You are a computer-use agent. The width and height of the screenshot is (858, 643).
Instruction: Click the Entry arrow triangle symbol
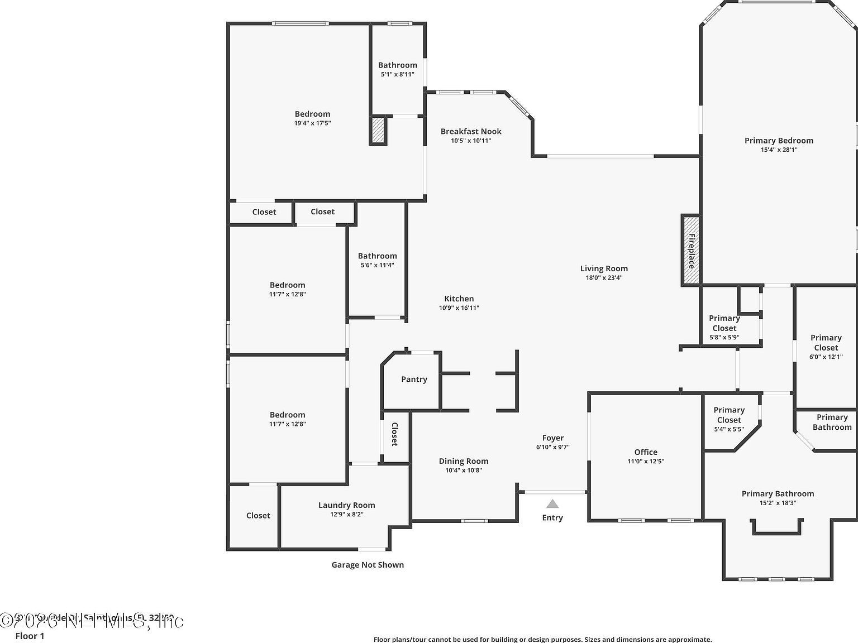(x=552, y=504)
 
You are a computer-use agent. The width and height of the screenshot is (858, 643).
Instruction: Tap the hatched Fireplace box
(x=691, y=251)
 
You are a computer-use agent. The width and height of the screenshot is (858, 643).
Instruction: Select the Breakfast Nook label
(x=471, y=131)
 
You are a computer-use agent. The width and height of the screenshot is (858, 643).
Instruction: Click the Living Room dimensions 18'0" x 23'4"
(x=604, y=277)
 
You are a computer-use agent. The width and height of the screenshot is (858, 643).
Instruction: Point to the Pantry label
(x=414, y=379)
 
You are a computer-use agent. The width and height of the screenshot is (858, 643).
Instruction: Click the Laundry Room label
(x=346, y=505)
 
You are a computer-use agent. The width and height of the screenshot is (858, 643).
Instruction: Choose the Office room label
(x=646, y=452)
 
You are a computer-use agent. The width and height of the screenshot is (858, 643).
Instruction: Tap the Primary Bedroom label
(x=779, y=141)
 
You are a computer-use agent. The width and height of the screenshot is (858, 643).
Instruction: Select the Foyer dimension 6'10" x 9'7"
(x=552, y=447)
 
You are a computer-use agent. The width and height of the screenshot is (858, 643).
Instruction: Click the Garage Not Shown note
(x=368, y=565)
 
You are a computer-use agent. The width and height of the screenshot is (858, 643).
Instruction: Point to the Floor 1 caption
(x=30, y=636)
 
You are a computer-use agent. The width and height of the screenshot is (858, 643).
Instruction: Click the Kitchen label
(x=459, y=299)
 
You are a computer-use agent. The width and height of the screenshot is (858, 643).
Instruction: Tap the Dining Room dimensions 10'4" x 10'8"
(x=463, y=470)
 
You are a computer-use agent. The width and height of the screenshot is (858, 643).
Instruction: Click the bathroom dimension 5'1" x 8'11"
(x=397, y=74)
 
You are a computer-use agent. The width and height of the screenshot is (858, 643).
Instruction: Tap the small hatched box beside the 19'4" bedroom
(x=378, y=130)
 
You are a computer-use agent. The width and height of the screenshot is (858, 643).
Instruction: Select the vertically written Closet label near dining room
(x=394, y=434)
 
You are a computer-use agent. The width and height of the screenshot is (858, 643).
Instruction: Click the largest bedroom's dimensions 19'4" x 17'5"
(x=312, y=123)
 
